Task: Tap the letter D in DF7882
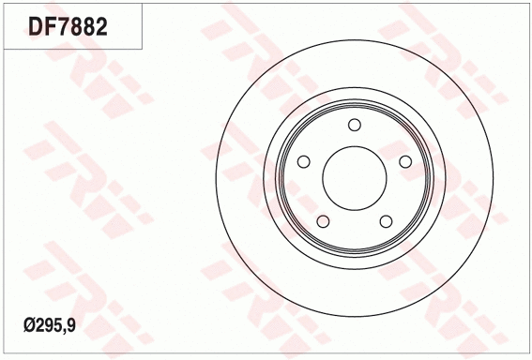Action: (x=36, y=25)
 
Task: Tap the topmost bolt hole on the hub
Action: (x=354, y=126)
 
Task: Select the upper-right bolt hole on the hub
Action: (x=405, y=162)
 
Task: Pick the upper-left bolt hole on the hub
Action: (x=303, y=162)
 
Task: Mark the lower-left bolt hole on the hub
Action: (x=323, y=221)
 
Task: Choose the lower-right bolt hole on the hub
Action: (x=386, y=221)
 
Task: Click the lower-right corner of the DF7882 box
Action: (x=144, y=48)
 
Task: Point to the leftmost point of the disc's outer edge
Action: (x=215, y=178)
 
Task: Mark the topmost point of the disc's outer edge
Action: (x=354, y=39)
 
